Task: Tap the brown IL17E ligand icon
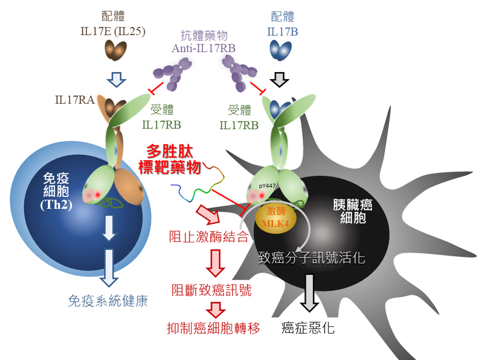(113, 52)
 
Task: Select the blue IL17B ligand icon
(277, 50)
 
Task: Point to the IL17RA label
(75, 99)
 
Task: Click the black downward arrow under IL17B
(278, 79)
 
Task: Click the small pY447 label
(267, 187)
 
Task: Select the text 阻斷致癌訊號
(211, 290)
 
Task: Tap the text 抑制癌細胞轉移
(213, 328)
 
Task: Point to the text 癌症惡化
(308, 328)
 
